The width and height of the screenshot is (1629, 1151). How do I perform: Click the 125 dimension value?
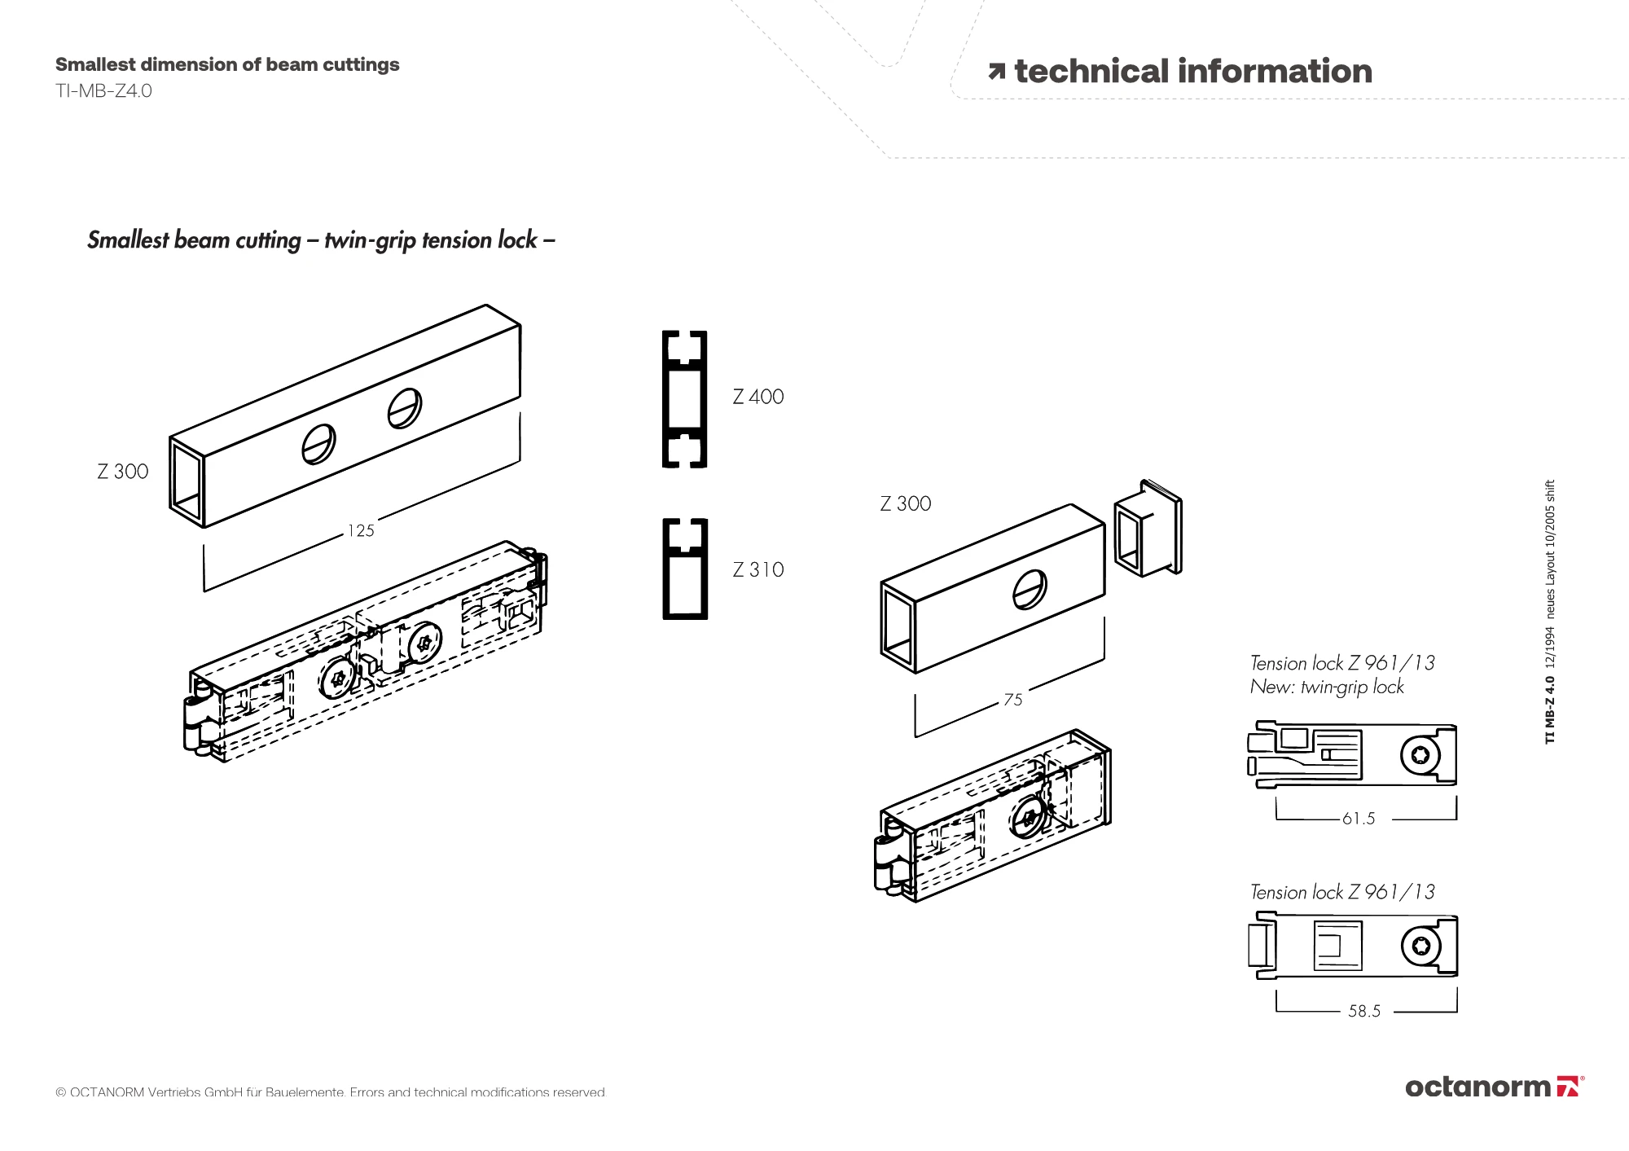pyautogui.click(x=361, y=531)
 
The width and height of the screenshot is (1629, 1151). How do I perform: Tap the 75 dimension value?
pyautogui.click(x=1013, y=700)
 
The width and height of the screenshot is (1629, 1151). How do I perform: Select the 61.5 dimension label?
pyautogui.click(x=1359, y=819)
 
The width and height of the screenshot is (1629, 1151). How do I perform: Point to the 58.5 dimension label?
pyautogui.click(x=1364, y=1011)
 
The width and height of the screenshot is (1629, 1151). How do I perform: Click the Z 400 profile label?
pyautogui.click(x=757, y=397)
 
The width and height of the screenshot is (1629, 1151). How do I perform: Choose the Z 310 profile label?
pyautogui.click(x=757, y=569)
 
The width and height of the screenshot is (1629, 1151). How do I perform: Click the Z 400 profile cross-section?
pyautogui.click(x=684, y=399)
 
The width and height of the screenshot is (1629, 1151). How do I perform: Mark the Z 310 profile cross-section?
pyautogui.click(x=684, y=569)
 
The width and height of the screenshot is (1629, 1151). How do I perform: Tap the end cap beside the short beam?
pyautogui.click(x=1148, y=528)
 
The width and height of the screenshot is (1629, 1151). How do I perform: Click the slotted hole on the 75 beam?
pyautogui.click(x=1030, y=588)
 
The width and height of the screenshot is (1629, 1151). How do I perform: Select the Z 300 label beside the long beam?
pyautogui.click(x=122, y=472)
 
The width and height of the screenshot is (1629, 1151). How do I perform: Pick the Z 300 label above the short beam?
pyautogui.click(x=905, y=503)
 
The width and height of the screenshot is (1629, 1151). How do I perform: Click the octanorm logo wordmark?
pyautogui.click(x=1478, y=1087)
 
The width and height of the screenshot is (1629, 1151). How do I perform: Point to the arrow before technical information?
pyautogui.click(x=996, y=72)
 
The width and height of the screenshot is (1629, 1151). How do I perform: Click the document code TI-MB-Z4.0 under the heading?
pyautogui.click(x=103, y=90)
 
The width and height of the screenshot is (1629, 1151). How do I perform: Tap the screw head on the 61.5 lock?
pyautogui.click(x=1420, y=755)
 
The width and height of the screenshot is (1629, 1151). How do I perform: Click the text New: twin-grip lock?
pyautogui.click(x=1327, y=687)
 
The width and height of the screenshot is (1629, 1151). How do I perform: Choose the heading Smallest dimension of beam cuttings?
pyautogui.click(x=227, y=64)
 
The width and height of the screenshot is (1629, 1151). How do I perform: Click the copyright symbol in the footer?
pyautogui.click(x=60, y=1092)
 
